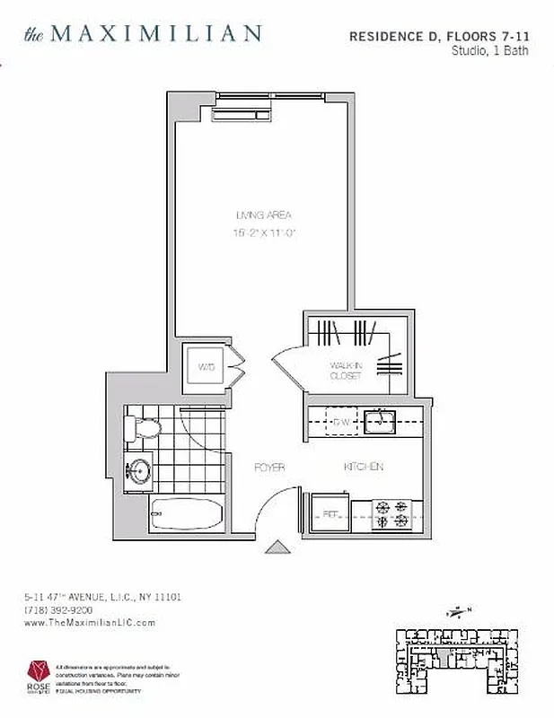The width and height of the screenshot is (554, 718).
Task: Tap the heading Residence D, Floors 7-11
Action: point(438,36)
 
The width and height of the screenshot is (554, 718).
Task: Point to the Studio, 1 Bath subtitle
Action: point(489,51)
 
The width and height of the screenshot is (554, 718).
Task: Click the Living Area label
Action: point(263,215)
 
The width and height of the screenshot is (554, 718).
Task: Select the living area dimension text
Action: point(265,233)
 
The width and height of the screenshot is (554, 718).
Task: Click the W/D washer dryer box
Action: point(206,367)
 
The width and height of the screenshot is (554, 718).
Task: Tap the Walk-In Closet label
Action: point(346,370)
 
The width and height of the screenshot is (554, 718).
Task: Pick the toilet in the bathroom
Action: point(144,428)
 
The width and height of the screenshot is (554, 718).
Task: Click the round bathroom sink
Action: point(139,469)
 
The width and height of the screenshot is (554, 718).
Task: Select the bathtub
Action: point(186,516)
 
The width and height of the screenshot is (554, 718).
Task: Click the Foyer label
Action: point(269,468)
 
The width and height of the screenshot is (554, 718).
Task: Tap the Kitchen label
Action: point(363,467)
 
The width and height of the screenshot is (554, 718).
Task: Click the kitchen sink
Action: point(381,419)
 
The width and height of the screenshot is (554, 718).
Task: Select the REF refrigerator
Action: point(330,515)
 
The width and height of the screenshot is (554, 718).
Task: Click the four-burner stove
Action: point(392,514)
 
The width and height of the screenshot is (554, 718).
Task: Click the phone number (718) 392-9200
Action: point(57,609)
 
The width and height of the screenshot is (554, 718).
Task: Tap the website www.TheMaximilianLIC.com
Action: point(90,622)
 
